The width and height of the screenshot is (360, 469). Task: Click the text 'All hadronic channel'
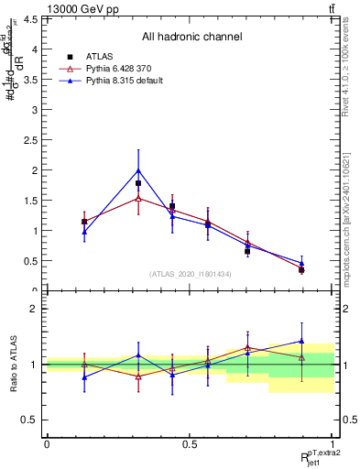(x=191, y=38)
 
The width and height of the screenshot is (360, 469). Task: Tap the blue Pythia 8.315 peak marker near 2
(x=138, y=170)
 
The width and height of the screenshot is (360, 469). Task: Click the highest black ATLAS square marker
(x=138, y=183)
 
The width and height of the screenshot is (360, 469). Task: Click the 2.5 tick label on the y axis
(x=31, y=139)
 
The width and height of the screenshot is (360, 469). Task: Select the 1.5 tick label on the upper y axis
(x=31, y=200)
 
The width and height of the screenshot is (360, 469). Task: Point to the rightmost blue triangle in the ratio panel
(x=301, y=341)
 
